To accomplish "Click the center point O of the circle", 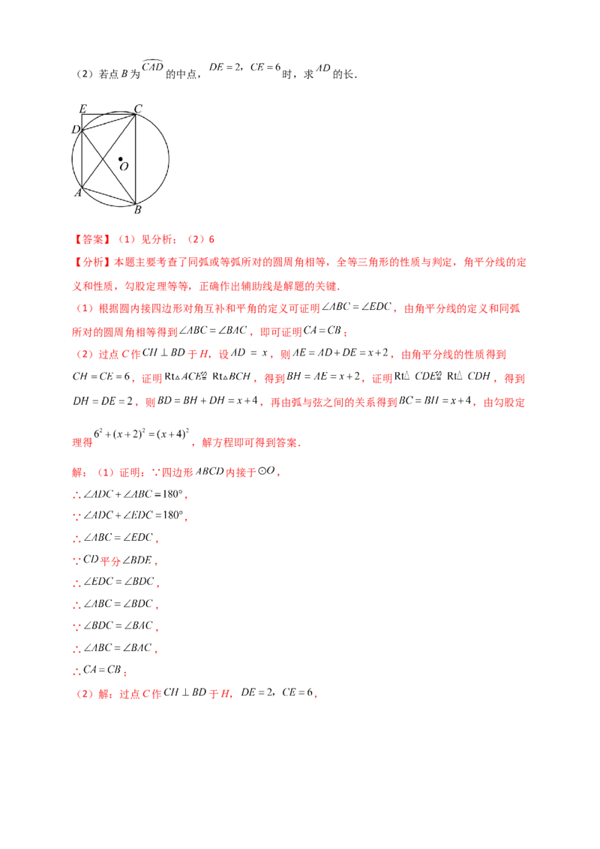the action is tap(120, 159).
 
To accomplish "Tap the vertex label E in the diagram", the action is tap(82, 109).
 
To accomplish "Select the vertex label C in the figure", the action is tap(138, 109).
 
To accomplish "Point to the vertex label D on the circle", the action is tap(76, 130).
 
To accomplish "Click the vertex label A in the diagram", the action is tap(78, 193).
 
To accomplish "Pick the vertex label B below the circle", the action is tap(137, 209).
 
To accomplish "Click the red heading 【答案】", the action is tap(92, 239).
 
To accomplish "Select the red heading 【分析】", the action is tap(92, 262).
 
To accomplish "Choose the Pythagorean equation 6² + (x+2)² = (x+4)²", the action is tap(141, 433).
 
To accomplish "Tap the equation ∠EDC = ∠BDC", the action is tap(118, 581).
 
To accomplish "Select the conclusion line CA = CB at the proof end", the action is tap(102, 670).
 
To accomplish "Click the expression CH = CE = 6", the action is tap(101, 376).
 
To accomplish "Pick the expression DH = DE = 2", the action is tap(103, 401).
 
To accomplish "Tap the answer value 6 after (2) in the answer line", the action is tap(211, 239).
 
